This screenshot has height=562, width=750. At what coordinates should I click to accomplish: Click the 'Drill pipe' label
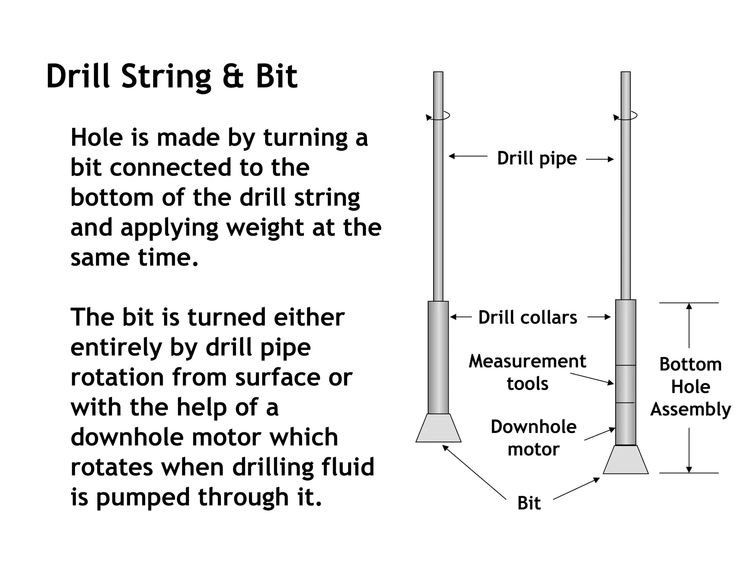536,158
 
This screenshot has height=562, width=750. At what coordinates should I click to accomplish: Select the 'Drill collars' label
528,317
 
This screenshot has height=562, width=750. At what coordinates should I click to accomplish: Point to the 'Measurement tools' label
527,372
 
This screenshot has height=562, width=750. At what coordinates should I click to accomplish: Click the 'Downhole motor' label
534,438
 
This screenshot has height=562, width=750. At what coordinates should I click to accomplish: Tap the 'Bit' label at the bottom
529,503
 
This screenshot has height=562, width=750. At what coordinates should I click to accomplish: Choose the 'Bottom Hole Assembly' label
690,387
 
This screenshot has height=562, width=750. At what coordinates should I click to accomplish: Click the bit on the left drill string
438,428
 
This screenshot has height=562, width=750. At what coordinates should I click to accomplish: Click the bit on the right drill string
625,460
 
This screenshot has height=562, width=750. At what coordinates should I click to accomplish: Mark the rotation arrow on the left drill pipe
438,116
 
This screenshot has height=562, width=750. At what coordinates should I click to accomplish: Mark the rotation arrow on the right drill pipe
625,116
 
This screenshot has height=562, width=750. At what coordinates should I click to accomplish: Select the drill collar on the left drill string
438,357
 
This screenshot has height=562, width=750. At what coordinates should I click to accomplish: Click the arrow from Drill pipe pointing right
599,159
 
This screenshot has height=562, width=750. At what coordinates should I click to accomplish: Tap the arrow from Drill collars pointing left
461,317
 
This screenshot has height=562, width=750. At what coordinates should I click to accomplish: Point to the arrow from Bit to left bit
474,472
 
